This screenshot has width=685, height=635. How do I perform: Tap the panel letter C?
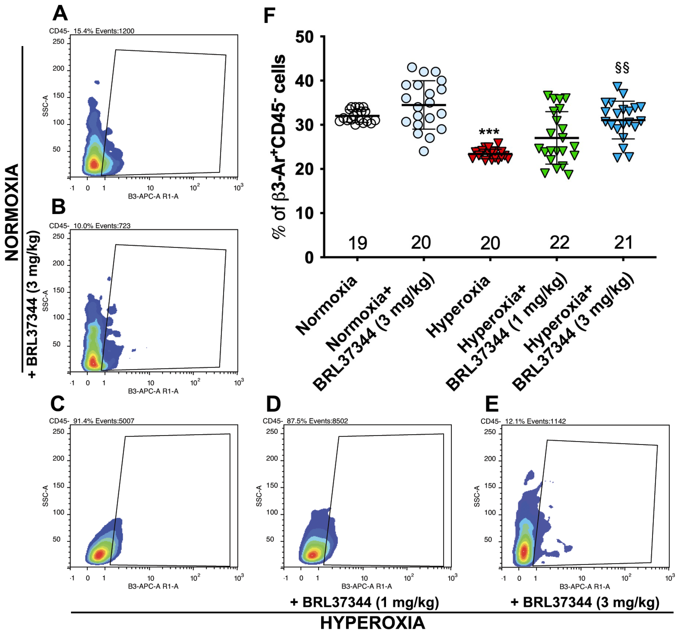[x=57, y=404]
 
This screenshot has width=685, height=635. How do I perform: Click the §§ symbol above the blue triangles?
[x=622, y=68]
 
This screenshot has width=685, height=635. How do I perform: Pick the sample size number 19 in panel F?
[x=358, y=243]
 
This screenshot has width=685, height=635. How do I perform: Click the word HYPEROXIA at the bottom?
[x=372, y=623]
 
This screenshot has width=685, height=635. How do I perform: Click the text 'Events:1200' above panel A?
[x=115, y=31]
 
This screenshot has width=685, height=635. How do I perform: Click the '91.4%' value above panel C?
[x=83, y=421]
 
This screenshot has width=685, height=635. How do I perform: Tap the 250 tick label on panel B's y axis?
[x=58, y=236]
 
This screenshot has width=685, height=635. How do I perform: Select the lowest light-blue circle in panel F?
[x=424, y=151]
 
